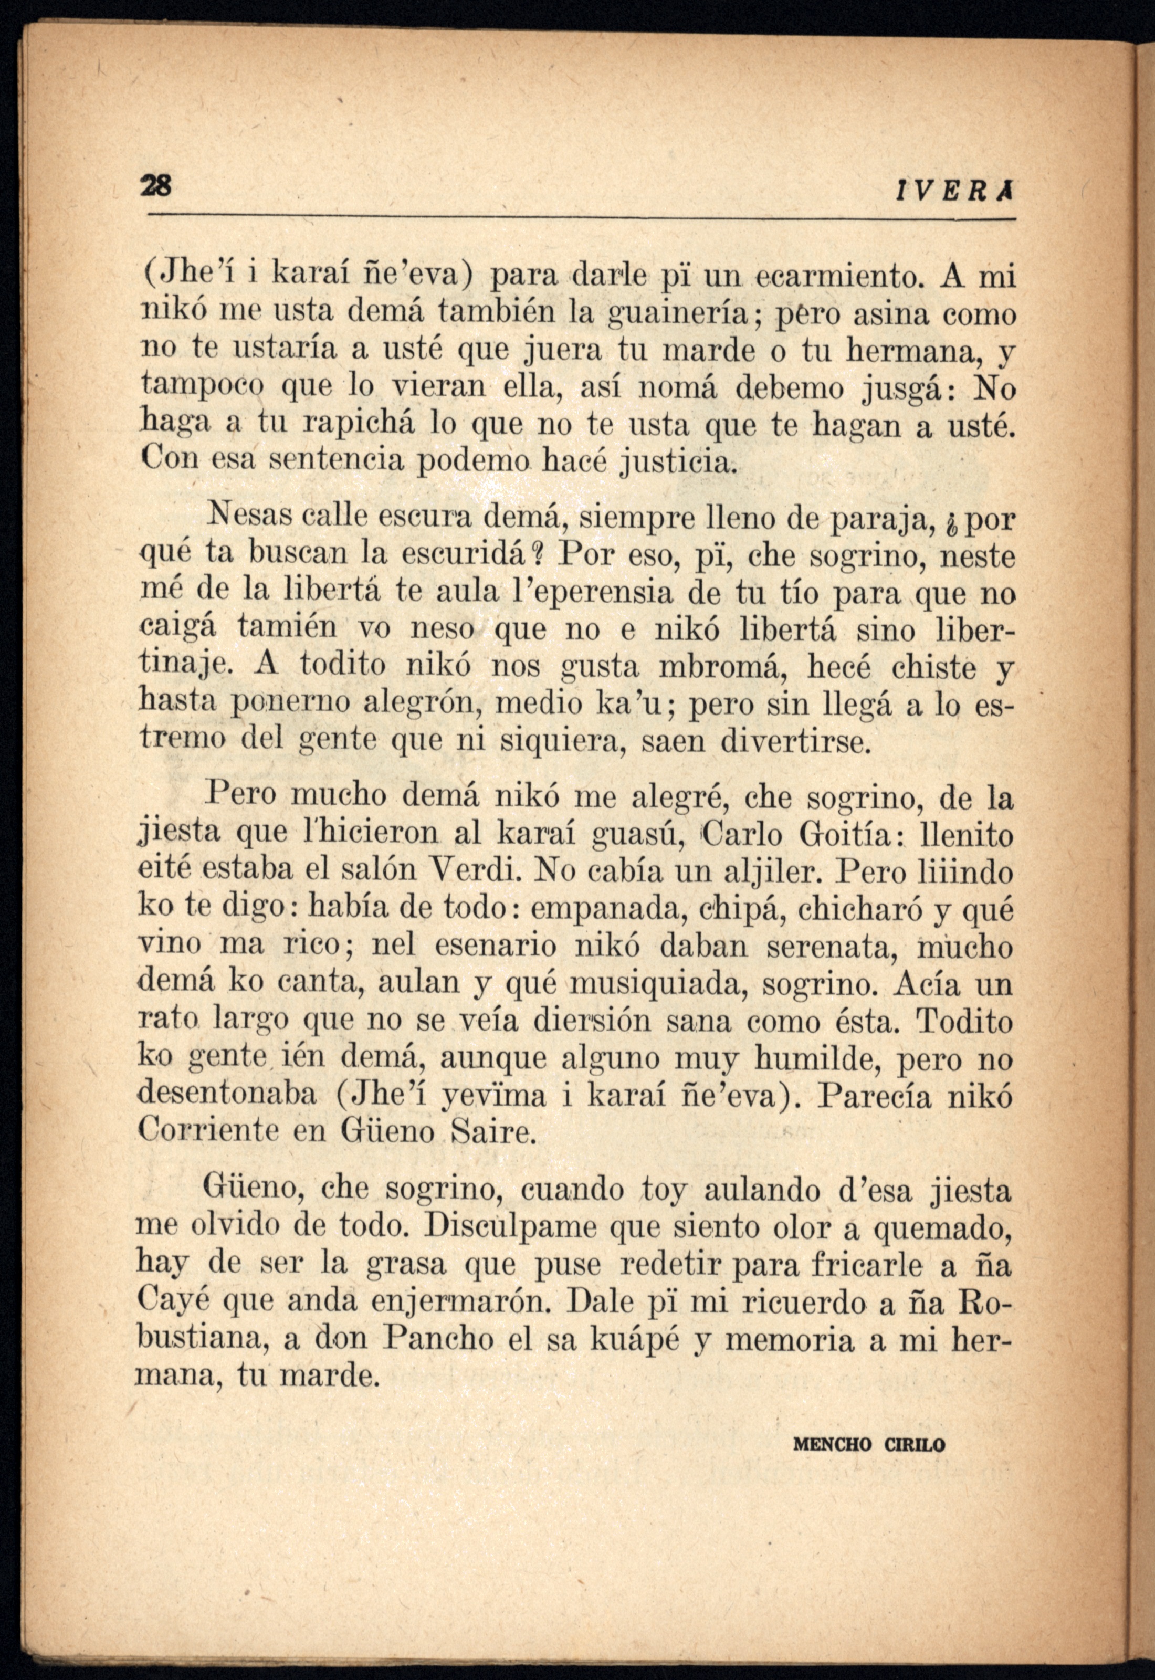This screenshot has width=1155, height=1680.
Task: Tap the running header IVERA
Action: (x=952, y=192)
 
